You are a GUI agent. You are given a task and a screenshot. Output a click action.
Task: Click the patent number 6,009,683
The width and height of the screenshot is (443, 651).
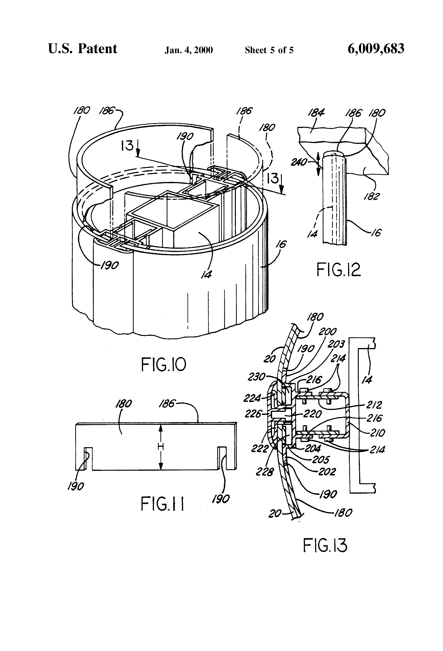click(x=376, y=49)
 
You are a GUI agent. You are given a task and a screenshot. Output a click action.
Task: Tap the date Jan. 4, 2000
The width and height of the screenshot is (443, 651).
click(x=188, y=50)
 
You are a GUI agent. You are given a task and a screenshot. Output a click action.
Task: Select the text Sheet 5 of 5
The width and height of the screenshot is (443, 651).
click(x=269, y=50)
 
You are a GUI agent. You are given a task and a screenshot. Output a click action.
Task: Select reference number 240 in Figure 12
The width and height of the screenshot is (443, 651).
click(x=299, y=162)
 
